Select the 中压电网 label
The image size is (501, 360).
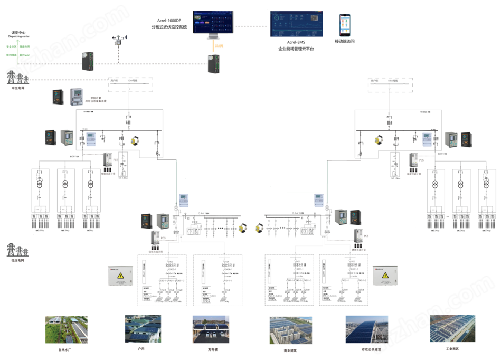pos(18,88)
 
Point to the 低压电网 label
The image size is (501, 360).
pos(18,261)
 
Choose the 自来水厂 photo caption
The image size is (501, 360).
pos(67,348)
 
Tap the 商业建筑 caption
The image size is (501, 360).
pos(287,349)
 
